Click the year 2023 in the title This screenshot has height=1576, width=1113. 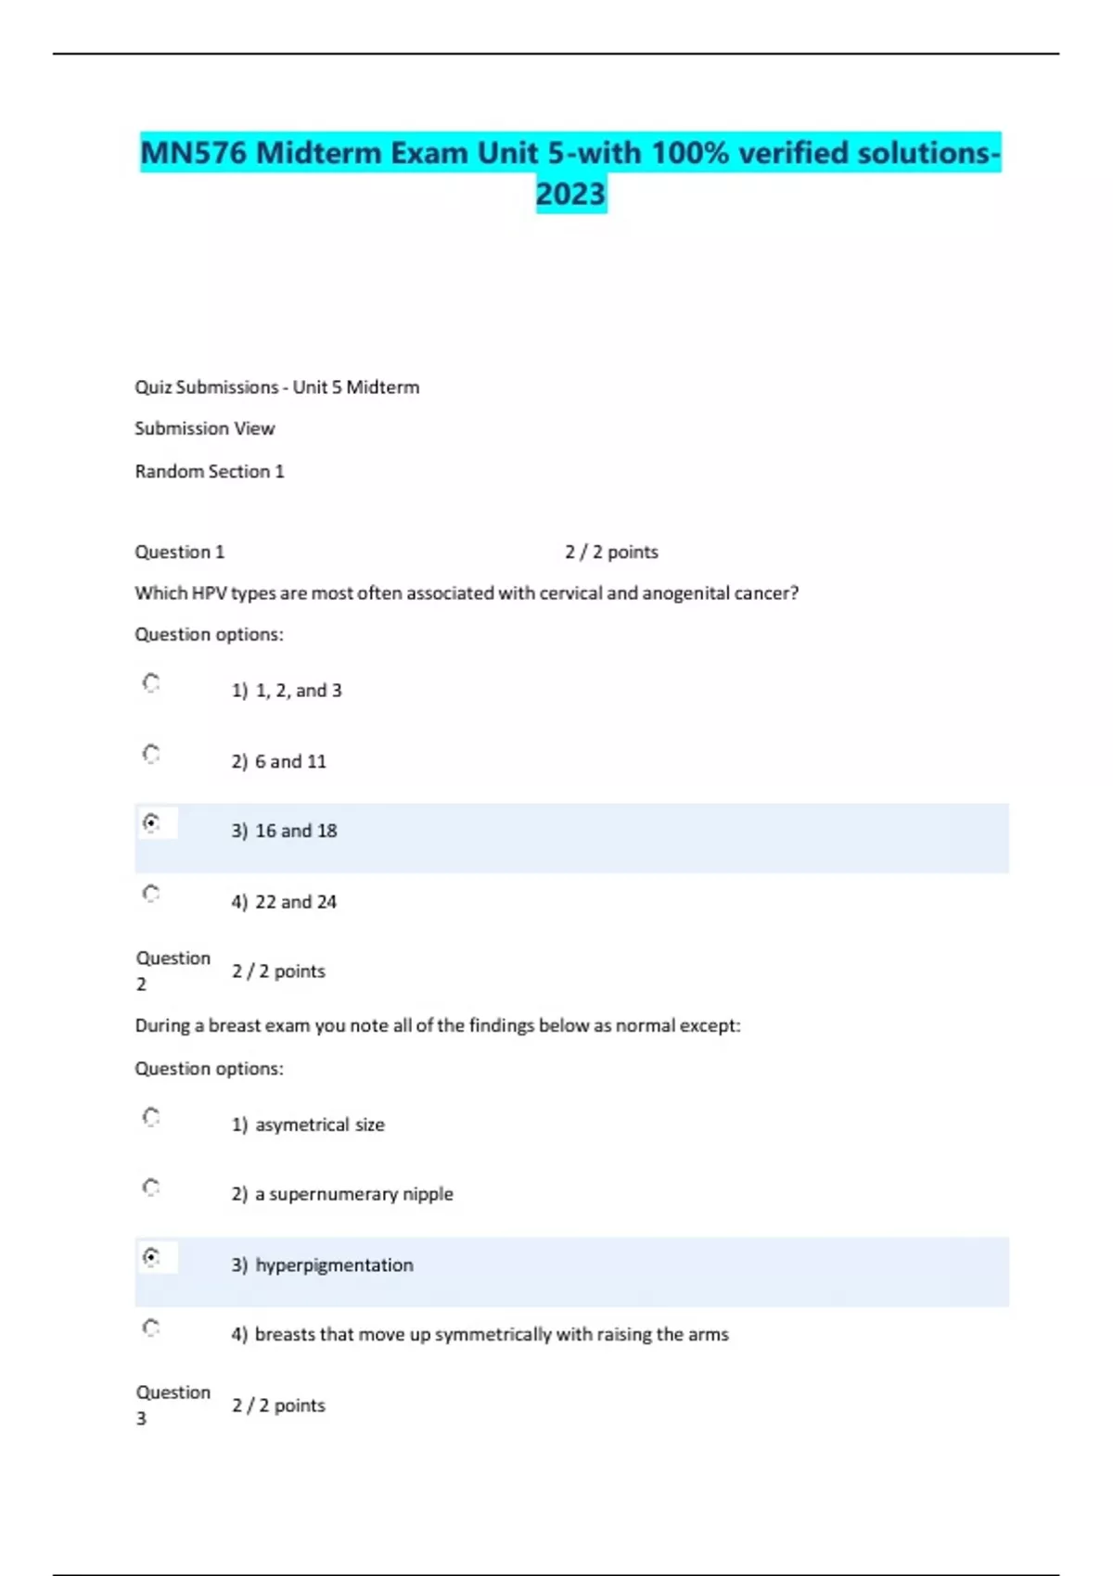pyautogui.click(x=570, y=194)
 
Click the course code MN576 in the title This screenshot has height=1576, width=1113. pyautogui.click(x=194, y=153)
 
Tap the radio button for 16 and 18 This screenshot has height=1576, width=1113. pyautogui.click(x=151, y=822)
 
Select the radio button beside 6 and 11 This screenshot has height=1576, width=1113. pyautogui.click(x=151, y=753)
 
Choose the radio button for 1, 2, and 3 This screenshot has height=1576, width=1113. pyautogui.click(x=151, y=682)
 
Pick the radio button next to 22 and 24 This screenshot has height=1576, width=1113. pyautogui.click(x=151, y=893)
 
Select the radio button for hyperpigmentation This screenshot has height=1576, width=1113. pyautogui.click(x=151, y=1256)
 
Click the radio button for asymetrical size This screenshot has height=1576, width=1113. pyautogui.click(x=151, y=1116)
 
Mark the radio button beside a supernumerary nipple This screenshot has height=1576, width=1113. pyautogui.click(x=151, y=1187)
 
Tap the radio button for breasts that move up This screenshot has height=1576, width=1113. pyautogui.click(x=151, y=1327)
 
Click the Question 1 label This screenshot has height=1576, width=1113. pyautogui.click(x=180, y=552)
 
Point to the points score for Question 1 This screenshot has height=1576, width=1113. pyautogui.click(x=611, y=552)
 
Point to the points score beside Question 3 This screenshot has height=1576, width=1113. pyautogui.click(x=278, y=1405)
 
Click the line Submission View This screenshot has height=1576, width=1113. pyautogui.click(x=205, y=428)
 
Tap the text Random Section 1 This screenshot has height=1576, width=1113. pyautogui.click(x=210, y=471)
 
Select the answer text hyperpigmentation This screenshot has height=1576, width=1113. pyautogui.click(x=334, y=1265)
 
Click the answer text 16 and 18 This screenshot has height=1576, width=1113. pyautogui.click(x=296, y=831)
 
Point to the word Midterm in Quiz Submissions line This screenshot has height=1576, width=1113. pyautogui.click(x=382, y=388)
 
